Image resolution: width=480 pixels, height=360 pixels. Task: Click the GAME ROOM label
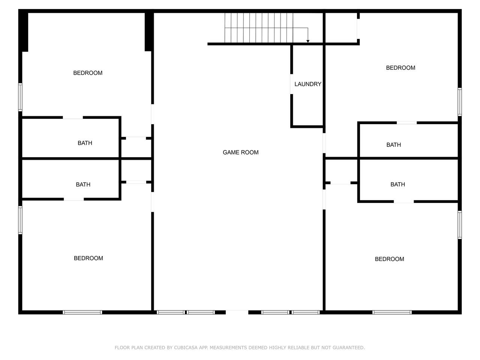pyautogui.click(x=240, y=152)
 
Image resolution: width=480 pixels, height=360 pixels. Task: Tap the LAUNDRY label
pyautogui.click(x=307, y=84)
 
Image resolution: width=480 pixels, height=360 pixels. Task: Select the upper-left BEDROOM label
pyautogui.click(x=88, y=73)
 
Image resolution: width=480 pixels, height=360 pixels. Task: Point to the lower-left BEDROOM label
pyautogui.click(x=88, y=258)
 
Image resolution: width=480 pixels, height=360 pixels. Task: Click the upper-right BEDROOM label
pyautogui.click(x=400, y=68)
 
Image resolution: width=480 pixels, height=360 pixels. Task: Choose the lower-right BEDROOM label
pyautogui.click(x=389, y=259)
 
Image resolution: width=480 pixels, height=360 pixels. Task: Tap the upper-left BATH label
pyautogui.click(x=85, y=143)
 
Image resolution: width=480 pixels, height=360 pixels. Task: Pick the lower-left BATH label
pyautogui.click(x=83, y=185)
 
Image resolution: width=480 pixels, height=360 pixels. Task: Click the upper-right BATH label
pyautogui.click(x=393, y=145)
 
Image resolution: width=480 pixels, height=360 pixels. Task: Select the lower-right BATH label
pyautogui.click(x=397, y=184)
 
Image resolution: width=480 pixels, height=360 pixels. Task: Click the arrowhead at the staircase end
pyautogui.click(x=307, y=41)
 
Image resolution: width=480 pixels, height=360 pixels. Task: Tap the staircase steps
pyautogui.click(x=259, y=28)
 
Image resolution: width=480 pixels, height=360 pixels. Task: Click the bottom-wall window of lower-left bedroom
pyautogui.click(x=82, y=312)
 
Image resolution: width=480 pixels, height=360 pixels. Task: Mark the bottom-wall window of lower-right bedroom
pyautogui.click(x=392, y=312)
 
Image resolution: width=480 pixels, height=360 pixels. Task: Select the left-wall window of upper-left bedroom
pyautogui.click(x=20, y=97)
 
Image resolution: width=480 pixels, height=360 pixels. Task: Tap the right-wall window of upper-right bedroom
pyautogui.click(x=460, y=102)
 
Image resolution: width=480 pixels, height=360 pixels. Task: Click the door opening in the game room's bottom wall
pyautogui.click(x=237, y=312)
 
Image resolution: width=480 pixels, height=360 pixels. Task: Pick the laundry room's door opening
pyautogui.click(x=291, y=84)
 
